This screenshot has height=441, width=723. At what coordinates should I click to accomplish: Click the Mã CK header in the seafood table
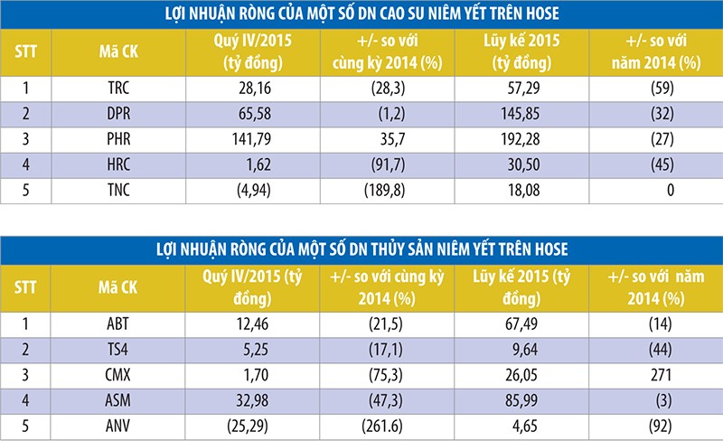point(115,287)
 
